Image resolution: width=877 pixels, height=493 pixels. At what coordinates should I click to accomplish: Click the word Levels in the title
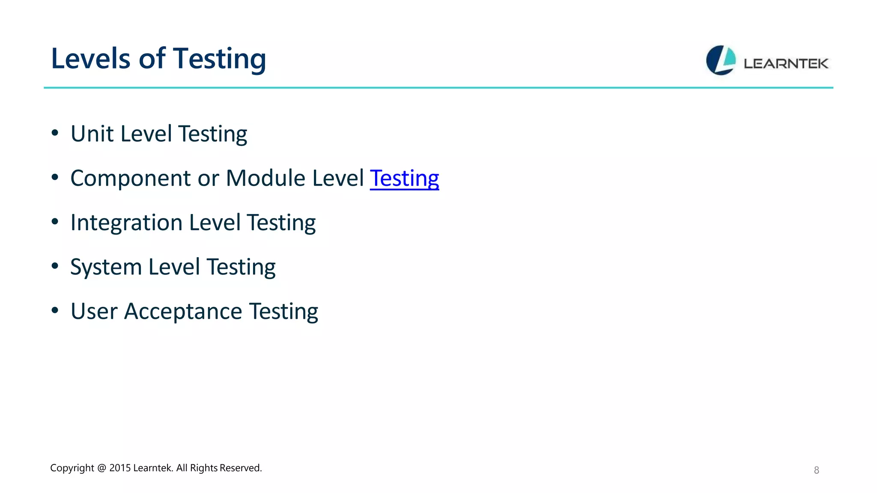pyautogui.click(x=90, y=59)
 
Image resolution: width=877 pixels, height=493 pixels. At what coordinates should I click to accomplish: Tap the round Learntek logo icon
pyautogui.click(x=721, y=60)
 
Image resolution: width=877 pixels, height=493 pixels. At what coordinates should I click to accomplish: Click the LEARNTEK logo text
pyautogui.click(x=786, y=64)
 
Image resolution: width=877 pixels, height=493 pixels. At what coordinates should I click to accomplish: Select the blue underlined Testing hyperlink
pyautogui.click(x=404, y=178)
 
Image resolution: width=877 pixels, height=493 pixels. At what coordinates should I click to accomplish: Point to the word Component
pyautogui.click(x=131, y=178)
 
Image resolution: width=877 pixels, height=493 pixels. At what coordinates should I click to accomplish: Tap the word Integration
pyautogui.click(x=126, y=223)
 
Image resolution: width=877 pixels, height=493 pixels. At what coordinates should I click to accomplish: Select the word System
pyautogui.click(x=106, y=267)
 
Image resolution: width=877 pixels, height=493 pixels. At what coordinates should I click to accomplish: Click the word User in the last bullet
pyautogui.click(x=94, y=311)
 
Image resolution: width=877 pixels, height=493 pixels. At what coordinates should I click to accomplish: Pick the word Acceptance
pyautogui.click(x=183, y=311)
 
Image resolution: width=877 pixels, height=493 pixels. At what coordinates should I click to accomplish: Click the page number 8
pyautogui.click(x=816, y=470)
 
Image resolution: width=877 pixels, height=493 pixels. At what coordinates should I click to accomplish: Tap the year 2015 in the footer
pyautogui.click(x=120, y=468)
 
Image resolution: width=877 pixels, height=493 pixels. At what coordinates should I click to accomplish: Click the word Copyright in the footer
pyautogui.click(x=72, y=468)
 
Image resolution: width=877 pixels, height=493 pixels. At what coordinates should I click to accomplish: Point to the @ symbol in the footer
pyautogui.click(x=101, y=468)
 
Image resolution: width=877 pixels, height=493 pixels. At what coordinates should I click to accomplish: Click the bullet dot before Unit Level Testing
pyautogui.click(x=55, y=133)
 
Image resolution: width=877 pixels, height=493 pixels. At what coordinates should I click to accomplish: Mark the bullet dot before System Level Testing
pyautogui.click(x=55, y=266)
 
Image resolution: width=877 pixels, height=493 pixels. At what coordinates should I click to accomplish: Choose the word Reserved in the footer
pyautogui.click(x=240, y=468)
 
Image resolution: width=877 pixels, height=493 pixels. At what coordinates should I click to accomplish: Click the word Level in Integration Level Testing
pyautogui.click(x=215, y=223)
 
